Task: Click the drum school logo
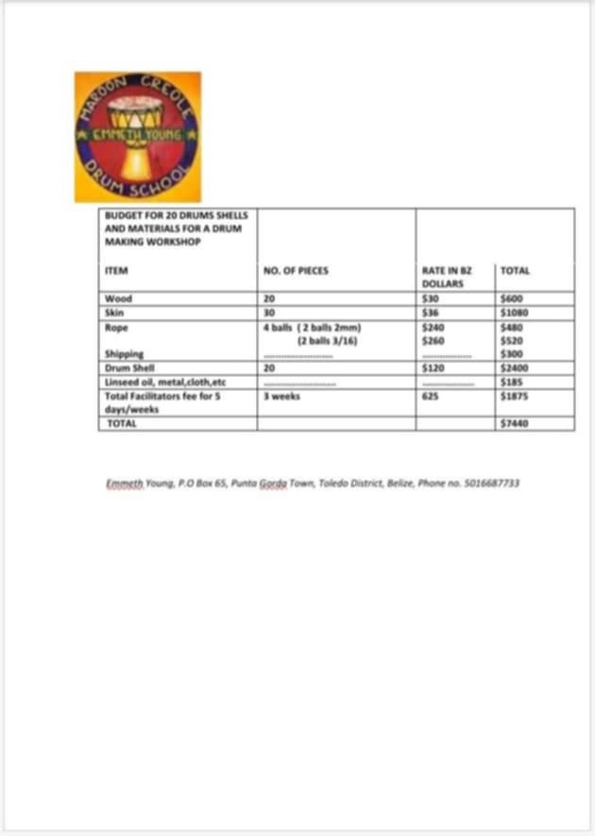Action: click(x=138, y=136)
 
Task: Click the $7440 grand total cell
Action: click(x=514, y=424)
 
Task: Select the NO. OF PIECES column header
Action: click(x=296, y=271)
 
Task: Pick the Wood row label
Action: click(x=113, y=299)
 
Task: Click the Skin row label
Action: click(x=112, y=312)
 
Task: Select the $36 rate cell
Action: click(x=433, y=312)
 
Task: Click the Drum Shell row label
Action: click(x=126, y=367)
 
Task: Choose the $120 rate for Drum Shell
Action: click(x=434, y=367)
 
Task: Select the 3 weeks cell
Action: click(x=282, y=397)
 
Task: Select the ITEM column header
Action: click(x=116, y=271)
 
